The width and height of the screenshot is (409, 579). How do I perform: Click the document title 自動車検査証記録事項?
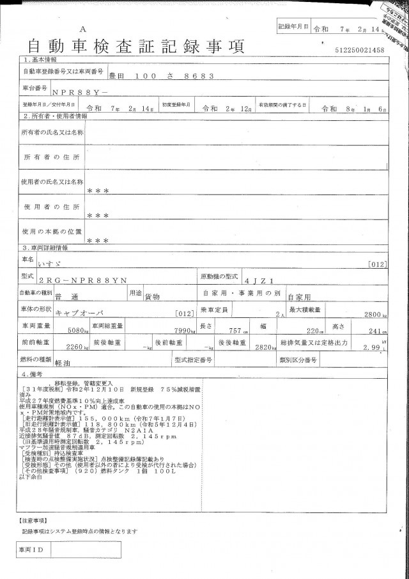(x=135, y=46)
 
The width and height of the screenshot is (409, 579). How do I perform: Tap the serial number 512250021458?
(x=359, y=50)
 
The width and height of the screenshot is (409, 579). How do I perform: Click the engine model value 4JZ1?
(x=254, y=280)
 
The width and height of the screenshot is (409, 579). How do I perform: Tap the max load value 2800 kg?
(x=372, y=315)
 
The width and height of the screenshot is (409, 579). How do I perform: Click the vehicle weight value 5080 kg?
(x=78, y=331)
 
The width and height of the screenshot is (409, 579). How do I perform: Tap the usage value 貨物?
(x=153, y=297)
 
